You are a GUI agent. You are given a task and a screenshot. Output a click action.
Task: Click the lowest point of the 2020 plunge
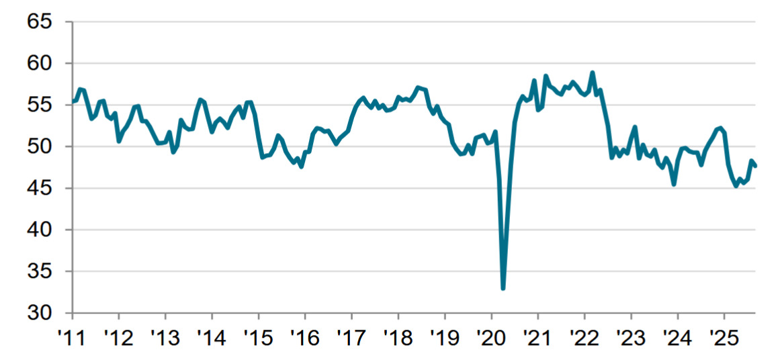503,288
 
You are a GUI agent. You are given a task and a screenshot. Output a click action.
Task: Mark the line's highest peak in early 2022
593,73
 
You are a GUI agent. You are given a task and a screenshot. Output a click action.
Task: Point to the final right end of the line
755,166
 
